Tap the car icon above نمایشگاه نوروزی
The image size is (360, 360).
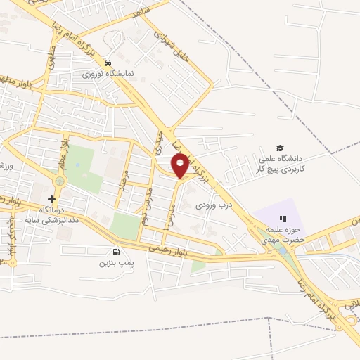[107, 62]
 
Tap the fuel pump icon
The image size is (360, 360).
[115, 252]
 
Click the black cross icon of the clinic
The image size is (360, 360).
[51, 199]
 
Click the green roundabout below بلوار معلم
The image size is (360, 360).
[59, 181]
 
